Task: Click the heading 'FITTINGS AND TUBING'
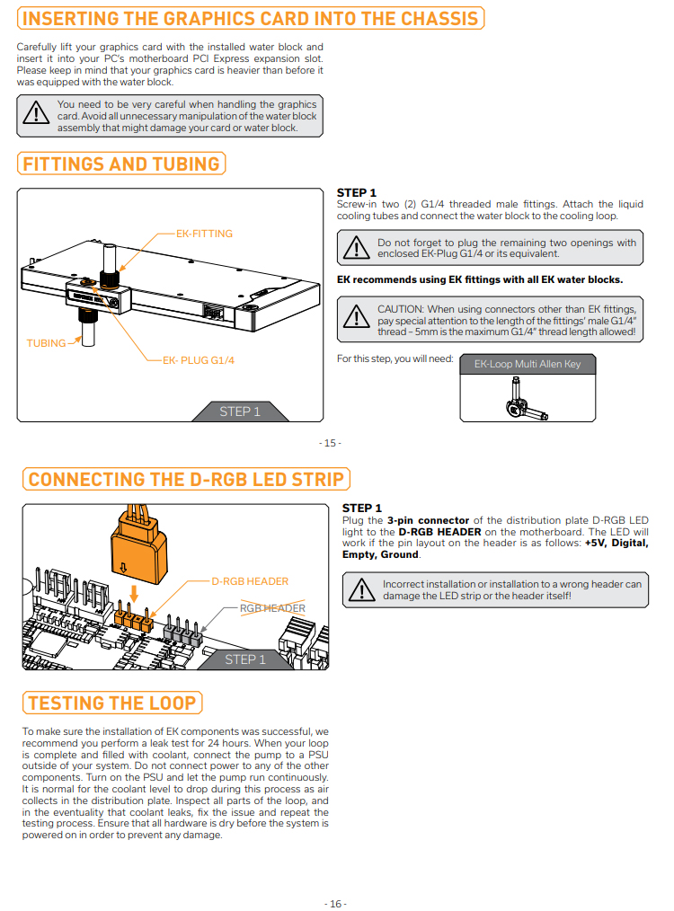(121, 164)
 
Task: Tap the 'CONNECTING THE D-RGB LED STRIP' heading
(186, 479)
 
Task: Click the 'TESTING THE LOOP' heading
(111, 703)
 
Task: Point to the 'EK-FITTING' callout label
(204, 234)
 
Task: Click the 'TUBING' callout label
(46, 343)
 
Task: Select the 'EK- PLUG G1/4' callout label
(191, 359)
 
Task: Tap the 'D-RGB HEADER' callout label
(250, 581)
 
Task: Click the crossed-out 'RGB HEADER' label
(272, 608)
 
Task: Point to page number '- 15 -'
(330, 443)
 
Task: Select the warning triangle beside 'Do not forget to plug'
(357, 247)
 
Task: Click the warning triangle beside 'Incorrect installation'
(363, 589)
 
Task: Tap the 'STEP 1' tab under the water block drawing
(240, 411)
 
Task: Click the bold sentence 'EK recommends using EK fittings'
(480, 279)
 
